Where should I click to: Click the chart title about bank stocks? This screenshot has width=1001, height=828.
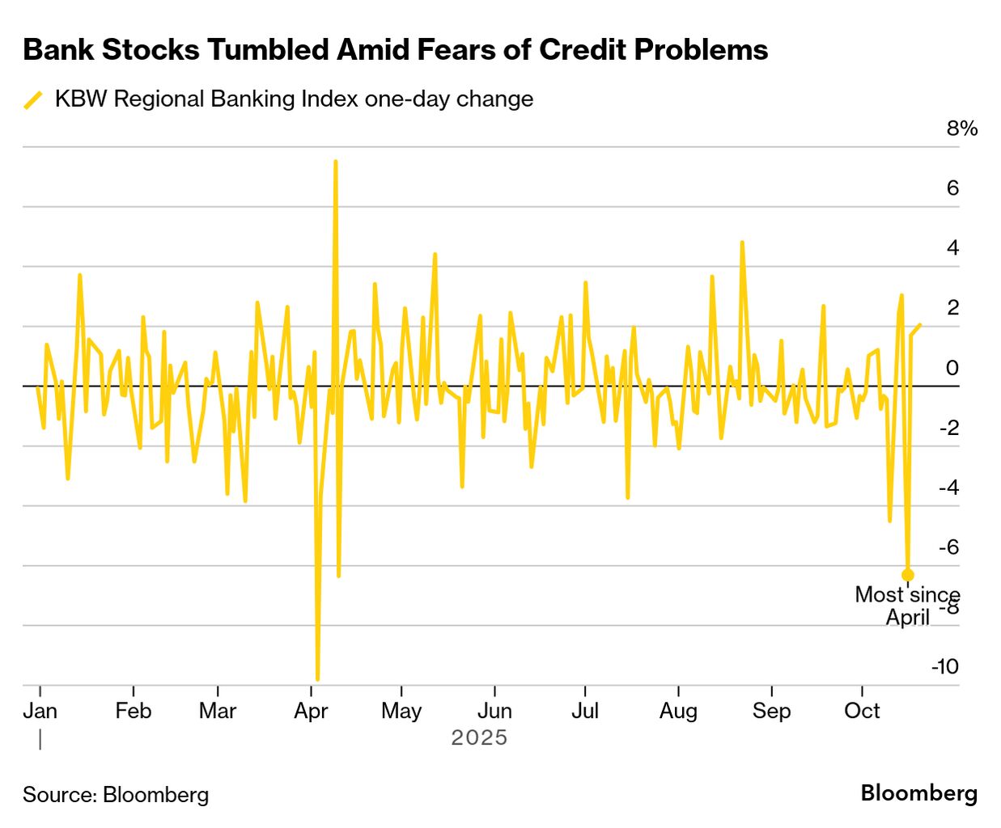point(396,50)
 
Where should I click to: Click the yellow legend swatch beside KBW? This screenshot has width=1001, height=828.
point(33,99)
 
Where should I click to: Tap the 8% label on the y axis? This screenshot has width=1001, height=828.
point(961,129)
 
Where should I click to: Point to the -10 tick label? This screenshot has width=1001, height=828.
point(944,666)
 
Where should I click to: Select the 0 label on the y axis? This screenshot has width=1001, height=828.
point(952,368)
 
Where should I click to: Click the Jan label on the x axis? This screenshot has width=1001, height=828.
point(40,711)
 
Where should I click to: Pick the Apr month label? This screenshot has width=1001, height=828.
point(311,711)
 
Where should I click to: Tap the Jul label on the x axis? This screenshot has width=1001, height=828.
point(584,711)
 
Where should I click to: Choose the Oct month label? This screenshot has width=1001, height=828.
point(862,711)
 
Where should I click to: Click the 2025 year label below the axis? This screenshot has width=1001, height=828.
point(479,737)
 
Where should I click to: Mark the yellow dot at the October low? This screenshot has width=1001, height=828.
point(908,575)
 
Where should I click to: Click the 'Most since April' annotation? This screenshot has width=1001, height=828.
point(907,606)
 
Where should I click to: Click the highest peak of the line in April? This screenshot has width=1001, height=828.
point(335,162)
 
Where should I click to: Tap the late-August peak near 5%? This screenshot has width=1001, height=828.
point(741,242)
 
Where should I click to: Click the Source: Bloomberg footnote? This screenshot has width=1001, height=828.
point(116,795)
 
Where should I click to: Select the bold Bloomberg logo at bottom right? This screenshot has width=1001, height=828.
point(918,793)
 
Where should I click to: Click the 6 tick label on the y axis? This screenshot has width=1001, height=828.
point(952,188)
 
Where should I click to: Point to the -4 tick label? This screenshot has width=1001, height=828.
point(948,488)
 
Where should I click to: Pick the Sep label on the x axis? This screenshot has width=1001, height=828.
point(771,711)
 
